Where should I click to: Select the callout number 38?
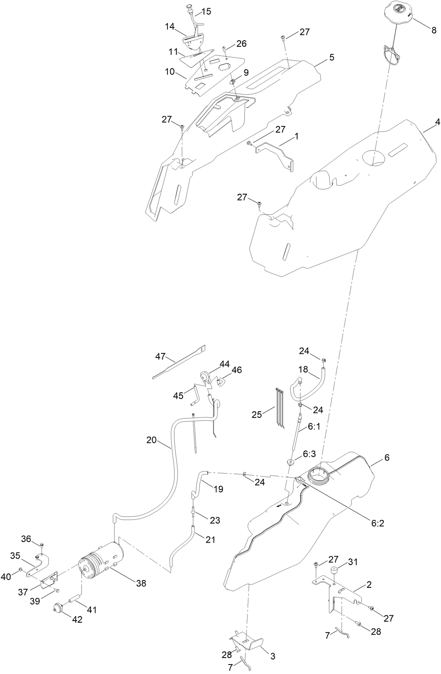141,583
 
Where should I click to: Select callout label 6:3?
310,454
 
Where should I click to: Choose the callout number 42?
77,619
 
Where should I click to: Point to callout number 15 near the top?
206,11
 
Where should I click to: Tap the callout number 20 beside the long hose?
152,440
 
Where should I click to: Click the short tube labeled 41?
74,601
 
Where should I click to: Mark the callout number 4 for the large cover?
437,122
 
